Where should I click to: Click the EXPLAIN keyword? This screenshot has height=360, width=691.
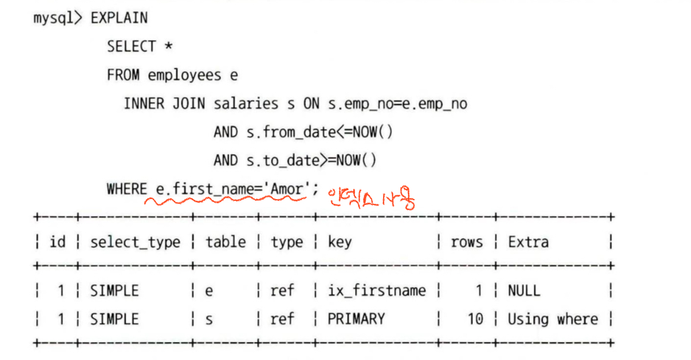(x=119, y=18)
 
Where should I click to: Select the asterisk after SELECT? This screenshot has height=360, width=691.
(x=169, y=47)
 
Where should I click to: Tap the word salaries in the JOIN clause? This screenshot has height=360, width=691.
(x=245, y=104)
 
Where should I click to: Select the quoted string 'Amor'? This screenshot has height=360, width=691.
(x=288, y=190)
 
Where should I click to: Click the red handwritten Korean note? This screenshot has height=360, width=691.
(x=370, y=197)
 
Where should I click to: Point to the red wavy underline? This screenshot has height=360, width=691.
(x=226, y=202)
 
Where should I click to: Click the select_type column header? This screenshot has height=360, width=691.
(x=135, y=243)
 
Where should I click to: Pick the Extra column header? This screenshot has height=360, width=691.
(x=528, y=243)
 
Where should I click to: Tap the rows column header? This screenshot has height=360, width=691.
(x=466, y=243)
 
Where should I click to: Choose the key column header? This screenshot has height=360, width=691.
(x=340, y=243)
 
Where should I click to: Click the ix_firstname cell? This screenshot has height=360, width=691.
(x=376, y=291)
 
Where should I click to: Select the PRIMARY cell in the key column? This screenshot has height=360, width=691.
(x=356, y=319)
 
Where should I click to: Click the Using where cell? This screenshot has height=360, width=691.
(x=552, y=319)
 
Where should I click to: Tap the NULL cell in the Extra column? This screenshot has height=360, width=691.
(x=524, y=291)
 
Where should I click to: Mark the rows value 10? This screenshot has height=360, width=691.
(x=475, y=319)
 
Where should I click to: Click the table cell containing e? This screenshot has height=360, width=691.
(x=209, y=291)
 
